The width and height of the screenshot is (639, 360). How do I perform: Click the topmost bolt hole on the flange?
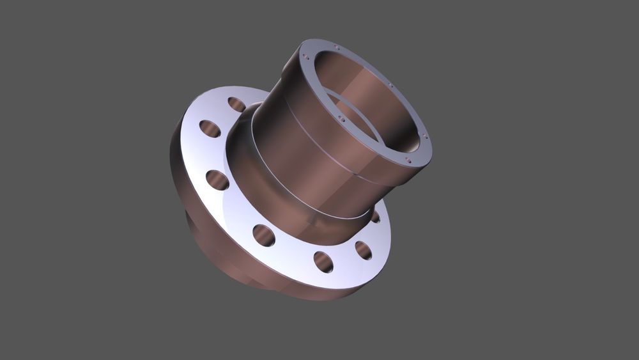[x=236, y=104]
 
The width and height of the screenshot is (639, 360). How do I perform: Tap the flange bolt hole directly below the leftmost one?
[x=217, y=180]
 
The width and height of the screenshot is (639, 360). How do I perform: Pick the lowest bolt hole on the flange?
[x=323, y=261]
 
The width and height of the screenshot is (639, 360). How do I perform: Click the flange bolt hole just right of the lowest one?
[x=363, y=250]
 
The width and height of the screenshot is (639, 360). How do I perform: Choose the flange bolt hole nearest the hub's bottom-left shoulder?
[x=263, y=235]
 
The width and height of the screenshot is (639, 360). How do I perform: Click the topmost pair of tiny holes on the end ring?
[x=337, y=47]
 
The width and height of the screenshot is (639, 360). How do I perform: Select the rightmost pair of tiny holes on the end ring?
[x=424, y=136]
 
